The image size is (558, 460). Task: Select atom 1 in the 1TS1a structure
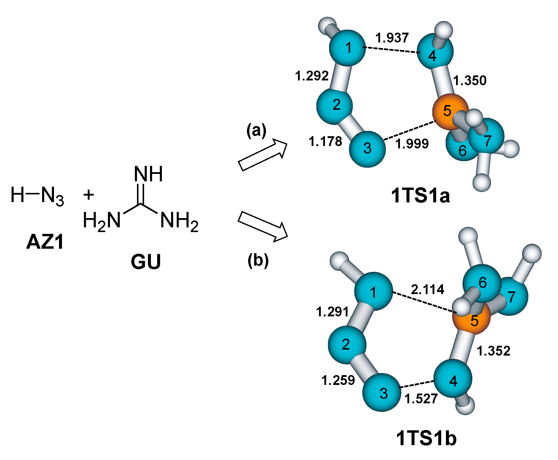[347, 48]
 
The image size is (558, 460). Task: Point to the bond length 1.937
[392, 38]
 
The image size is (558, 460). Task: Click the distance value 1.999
[412, 144]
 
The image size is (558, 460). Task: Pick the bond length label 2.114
[427, 289]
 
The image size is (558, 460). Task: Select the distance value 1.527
[421, 399]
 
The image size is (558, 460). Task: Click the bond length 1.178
[325, 141]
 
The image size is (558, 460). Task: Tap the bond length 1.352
[493, 351]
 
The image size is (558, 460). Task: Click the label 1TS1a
[420, 196]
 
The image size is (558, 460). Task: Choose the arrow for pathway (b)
[263, 226]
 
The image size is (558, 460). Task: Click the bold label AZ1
[45, 242]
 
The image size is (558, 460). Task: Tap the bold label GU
[146, 261]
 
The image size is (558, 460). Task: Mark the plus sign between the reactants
[88, 195]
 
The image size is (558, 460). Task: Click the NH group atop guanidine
[148, 174]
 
